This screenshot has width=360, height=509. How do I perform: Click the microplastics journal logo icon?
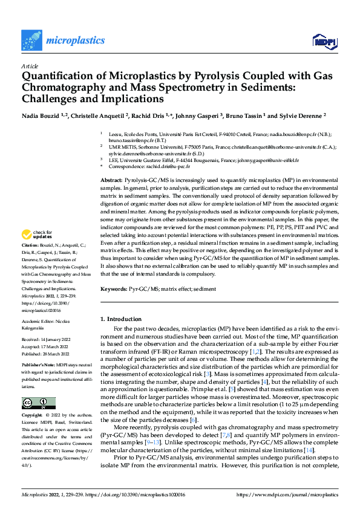pyautogui.click(x=31, y=40)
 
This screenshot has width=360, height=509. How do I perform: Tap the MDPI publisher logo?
pyautogui.click(x=324, y=41)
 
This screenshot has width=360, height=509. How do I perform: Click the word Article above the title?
pyautogui.click(x=30, y=66)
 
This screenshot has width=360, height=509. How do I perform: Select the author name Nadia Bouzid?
pyautogui.click(x=42, y=115)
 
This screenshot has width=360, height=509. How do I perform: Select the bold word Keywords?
pyautogui.click(x=113, y=290)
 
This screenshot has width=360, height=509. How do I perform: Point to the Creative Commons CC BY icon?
pyautogui.click(x=38, y=403)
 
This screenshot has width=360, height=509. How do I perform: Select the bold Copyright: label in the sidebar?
pyautogui.click(x=32, y=417)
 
